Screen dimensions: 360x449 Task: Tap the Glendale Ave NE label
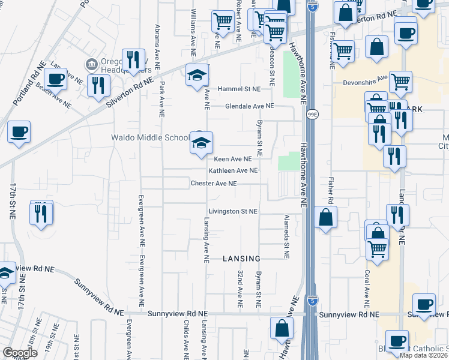(241, 106)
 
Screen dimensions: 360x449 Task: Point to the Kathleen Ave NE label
(233, 170)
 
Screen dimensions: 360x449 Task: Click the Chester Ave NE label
(214, 183)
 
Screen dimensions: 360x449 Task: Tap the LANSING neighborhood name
(241, 259)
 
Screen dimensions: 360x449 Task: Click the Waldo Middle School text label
(150, 137)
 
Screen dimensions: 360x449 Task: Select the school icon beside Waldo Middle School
(202, 143)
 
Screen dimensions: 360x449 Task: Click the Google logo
(20, 353)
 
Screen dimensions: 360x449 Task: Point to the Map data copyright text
(424, 355)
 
